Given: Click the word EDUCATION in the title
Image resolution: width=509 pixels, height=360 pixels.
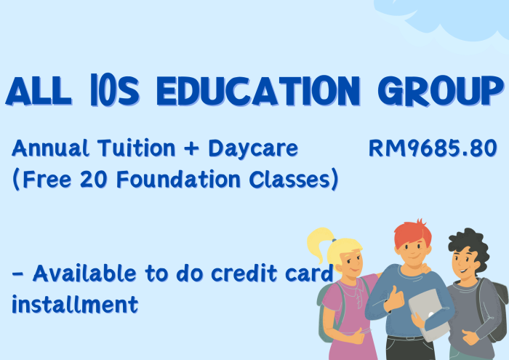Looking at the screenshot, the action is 258,91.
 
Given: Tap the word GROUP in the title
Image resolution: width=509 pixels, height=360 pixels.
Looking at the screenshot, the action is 441,91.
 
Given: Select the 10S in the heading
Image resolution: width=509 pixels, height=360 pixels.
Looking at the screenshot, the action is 115,91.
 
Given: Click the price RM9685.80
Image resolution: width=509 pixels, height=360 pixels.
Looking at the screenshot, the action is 433,148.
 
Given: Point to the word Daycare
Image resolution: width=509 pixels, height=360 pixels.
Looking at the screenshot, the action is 253,149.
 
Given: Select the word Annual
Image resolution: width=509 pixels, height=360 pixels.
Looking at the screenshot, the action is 50,148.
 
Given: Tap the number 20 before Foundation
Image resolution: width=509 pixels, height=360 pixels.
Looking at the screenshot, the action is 94,179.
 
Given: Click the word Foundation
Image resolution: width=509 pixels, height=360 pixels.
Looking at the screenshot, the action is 178,179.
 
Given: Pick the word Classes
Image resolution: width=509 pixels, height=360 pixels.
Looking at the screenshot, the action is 289,179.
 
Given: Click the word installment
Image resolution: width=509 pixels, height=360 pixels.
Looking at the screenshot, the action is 75,305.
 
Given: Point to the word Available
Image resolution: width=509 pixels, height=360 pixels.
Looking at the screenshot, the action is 84,273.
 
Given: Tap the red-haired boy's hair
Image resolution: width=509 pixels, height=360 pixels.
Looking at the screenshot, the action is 412,232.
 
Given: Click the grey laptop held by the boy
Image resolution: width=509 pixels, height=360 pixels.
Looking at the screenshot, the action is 428,314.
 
